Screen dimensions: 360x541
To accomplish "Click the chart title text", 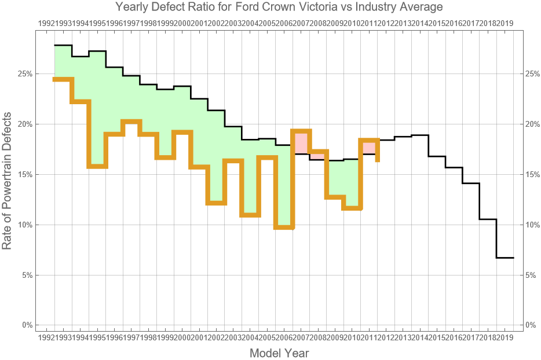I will point(279,8).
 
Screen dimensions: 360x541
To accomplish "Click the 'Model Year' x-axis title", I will point(279,353).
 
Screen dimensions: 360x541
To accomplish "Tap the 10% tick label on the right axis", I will point(532,225).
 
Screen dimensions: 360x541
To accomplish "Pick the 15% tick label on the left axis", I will point(26,174).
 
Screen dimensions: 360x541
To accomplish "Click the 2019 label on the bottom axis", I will point(505,337).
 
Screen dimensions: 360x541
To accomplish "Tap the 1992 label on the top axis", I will point(46,23).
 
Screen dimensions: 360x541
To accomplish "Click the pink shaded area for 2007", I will point(301,142).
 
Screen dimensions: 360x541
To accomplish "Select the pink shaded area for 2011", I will point(369,147).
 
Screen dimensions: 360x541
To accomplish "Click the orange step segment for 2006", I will point(284,227).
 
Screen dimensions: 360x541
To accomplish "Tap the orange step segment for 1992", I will point(63,79).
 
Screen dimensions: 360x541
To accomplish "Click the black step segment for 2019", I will point(505,258).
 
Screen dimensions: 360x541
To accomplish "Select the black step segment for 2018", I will point(488,219).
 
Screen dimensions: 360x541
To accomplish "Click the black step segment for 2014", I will point(420,135).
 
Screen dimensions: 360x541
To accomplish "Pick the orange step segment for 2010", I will point(352,208).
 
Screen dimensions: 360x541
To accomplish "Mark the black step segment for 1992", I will point(63,45).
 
